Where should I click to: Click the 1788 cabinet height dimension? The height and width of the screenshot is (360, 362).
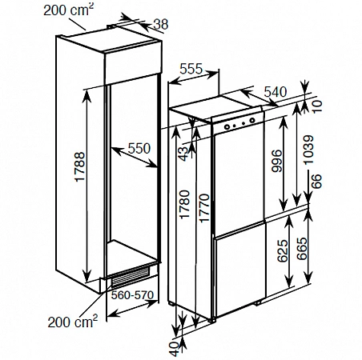click(x=80, y=167)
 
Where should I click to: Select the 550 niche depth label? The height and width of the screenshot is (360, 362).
click(x=139, y=148)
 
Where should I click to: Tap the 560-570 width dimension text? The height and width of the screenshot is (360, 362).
click(x=132, y=295)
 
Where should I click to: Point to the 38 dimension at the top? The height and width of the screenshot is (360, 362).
click(x=161, y=25)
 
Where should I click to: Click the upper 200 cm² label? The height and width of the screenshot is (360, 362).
click(x=69, y=10)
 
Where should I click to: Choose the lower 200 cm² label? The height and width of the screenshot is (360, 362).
click(x=73, y=322)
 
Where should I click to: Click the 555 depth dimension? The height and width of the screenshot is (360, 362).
click(x=191, y=69)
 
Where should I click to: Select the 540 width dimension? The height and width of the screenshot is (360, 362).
click(x=276, y=92)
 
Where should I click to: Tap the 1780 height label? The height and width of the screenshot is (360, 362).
click(x=184, y=204)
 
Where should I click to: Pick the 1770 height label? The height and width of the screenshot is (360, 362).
click(x=204, y=208)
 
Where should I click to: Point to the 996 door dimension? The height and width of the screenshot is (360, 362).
click(x=276, y=161)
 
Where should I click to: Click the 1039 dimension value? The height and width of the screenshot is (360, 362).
click(x=308, y=150)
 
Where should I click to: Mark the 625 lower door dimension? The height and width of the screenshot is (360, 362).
click(x=283, y=250)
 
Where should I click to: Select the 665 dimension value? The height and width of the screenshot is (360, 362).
click(x=302, y=249)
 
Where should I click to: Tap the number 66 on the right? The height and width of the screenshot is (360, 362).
click(x=316, y=182)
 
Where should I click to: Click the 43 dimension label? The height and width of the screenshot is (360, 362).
click(x=183, y=154)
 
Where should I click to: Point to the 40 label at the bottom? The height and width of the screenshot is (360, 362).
click(x=175, y=350)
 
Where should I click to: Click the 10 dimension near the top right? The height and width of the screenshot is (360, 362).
click(x=317, y=106)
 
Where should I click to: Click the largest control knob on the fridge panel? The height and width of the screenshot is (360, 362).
click(x=252, y=120)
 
